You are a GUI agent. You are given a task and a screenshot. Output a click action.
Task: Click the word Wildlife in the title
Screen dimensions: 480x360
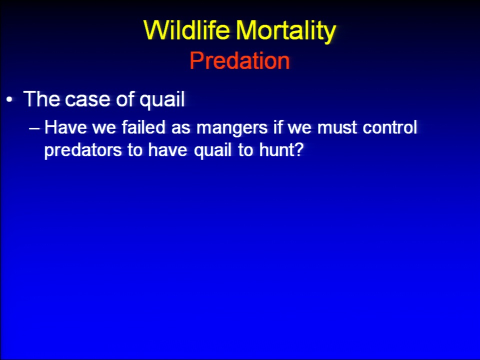[x=186, y=30]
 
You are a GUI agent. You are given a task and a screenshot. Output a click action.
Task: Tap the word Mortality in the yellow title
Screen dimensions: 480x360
[x=286, y=31]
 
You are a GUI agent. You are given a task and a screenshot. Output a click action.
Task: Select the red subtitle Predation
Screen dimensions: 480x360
[x=239, y=60]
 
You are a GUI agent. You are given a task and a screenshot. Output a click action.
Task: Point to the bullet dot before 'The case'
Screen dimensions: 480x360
[x=10, y=99]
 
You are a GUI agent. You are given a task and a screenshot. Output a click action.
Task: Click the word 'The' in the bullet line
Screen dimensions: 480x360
[x=41, y=99]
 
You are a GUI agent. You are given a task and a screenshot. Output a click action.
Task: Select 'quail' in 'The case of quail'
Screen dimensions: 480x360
[x=162, y=99]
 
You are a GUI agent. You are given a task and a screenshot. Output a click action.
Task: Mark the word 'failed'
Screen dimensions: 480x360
[x=143, y=126]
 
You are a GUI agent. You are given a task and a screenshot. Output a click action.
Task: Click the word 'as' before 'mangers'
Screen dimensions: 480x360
[x=180, y=129]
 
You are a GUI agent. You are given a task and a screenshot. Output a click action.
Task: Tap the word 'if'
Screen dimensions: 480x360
[x=277, y=126]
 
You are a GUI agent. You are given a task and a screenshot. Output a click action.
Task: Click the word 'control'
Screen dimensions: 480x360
[x=389, y=127]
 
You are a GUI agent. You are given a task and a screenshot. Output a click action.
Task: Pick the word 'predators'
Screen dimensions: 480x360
[x=83, y=150]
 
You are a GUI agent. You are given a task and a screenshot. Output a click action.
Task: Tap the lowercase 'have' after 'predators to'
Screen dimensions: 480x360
[x=167, y=149]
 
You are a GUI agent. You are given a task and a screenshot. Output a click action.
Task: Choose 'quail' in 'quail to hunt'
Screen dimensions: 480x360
[x=212, y=150]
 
